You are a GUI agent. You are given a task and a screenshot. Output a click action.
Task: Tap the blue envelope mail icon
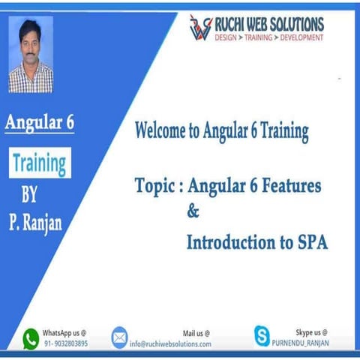tap(120, 337)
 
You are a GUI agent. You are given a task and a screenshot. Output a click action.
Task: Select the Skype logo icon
tap(262, 337)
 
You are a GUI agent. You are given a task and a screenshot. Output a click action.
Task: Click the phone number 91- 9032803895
tap(64, 343)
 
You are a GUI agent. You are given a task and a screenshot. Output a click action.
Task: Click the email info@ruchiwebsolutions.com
tap(170, 343)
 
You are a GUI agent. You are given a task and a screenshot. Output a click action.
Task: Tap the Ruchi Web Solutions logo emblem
tap(200, 27)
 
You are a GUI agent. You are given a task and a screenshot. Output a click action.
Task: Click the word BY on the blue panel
tap(29, 197)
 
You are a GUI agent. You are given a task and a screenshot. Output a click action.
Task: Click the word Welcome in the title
tap(163, 131)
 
